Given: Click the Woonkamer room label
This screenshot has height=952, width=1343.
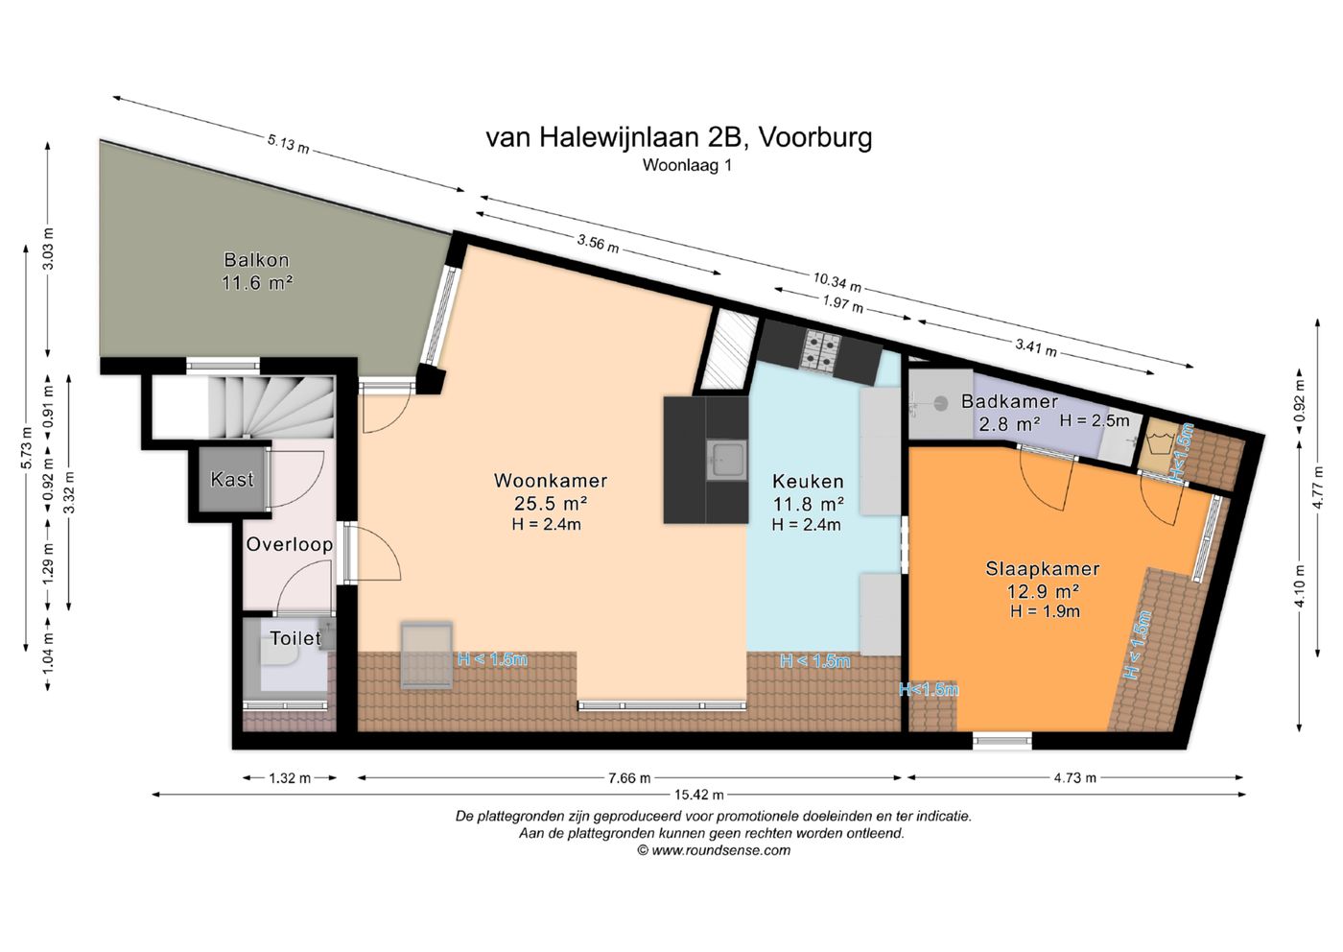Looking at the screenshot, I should coord(550,481).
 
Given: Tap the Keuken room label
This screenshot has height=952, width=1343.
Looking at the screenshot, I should coord(808,481).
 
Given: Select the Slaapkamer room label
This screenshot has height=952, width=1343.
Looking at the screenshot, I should coord(1043,569).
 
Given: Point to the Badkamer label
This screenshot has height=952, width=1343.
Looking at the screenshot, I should coord(1009,402).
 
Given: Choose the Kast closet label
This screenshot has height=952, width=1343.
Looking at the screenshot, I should coord(232,479).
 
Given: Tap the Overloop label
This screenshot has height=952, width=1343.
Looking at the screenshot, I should coord(289,544).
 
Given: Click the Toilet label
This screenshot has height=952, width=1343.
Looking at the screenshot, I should coord(295,638).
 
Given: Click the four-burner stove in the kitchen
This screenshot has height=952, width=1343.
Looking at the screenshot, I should coord(821,350).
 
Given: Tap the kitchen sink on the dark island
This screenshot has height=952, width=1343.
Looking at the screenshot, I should coord(726,460).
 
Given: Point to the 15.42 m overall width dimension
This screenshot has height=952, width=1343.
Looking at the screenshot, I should coord(698,795).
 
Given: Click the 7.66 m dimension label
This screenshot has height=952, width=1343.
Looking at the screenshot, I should coord(629,778).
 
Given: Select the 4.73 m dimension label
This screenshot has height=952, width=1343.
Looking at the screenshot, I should coord(1074,778).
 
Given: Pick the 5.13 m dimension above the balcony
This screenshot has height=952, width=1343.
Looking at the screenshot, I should coord(288,144).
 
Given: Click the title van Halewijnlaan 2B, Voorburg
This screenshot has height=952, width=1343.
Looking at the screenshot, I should coord(678,137).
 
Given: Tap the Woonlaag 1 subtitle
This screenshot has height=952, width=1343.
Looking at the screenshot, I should coord(687,165).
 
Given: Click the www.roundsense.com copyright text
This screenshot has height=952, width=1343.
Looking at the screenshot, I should coord(714,850).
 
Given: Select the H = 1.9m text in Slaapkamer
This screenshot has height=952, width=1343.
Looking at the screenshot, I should coord(1044,611).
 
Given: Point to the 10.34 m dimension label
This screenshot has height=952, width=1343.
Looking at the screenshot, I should coord(836,281).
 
